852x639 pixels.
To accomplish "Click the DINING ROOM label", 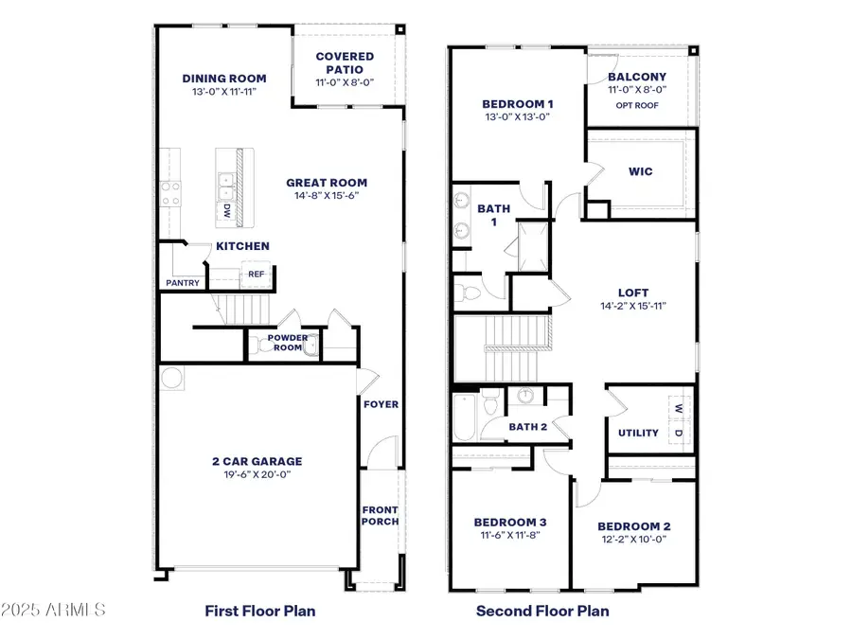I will click(x=224, y=79).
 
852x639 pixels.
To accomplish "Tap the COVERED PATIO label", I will click(x=345, y=63).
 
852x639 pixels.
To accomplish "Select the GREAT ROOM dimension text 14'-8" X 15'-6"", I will click(x=328, y=196).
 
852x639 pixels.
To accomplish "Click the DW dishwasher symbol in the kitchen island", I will click(x=227, y=213).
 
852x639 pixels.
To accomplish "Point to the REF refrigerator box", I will click(x=256, y=275).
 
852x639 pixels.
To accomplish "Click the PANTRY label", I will click(x=182, y=282).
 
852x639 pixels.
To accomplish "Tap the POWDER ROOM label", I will click(x=285, y=342).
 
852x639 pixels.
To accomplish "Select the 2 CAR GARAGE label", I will click(x=257, y=461).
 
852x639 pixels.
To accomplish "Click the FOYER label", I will click(x=382, y=404).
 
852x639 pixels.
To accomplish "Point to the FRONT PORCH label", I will click(x=381, y=516).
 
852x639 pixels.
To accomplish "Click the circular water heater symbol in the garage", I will click(x=171, y=379).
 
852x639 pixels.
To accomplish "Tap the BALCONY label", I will click(x=636, y=77).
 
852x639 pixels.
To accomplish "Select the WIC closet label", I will click(x=640, y=171).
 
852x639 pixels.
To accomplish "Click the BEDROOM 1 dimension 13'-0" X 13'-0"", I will click(x=516, y=117).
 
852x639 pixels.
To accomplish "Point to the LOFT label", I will click(x=633, y=293).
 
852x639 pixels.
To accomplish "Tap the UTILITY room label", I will click(x=638, y=433).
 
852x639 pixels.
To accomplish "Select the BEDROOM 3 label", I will click(x=509, y=523).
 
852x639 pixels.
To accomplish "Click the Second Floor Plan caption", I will click(x=542, y=611).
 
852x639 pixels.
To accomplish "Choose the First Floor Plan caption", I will click(x=260, y=611).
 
